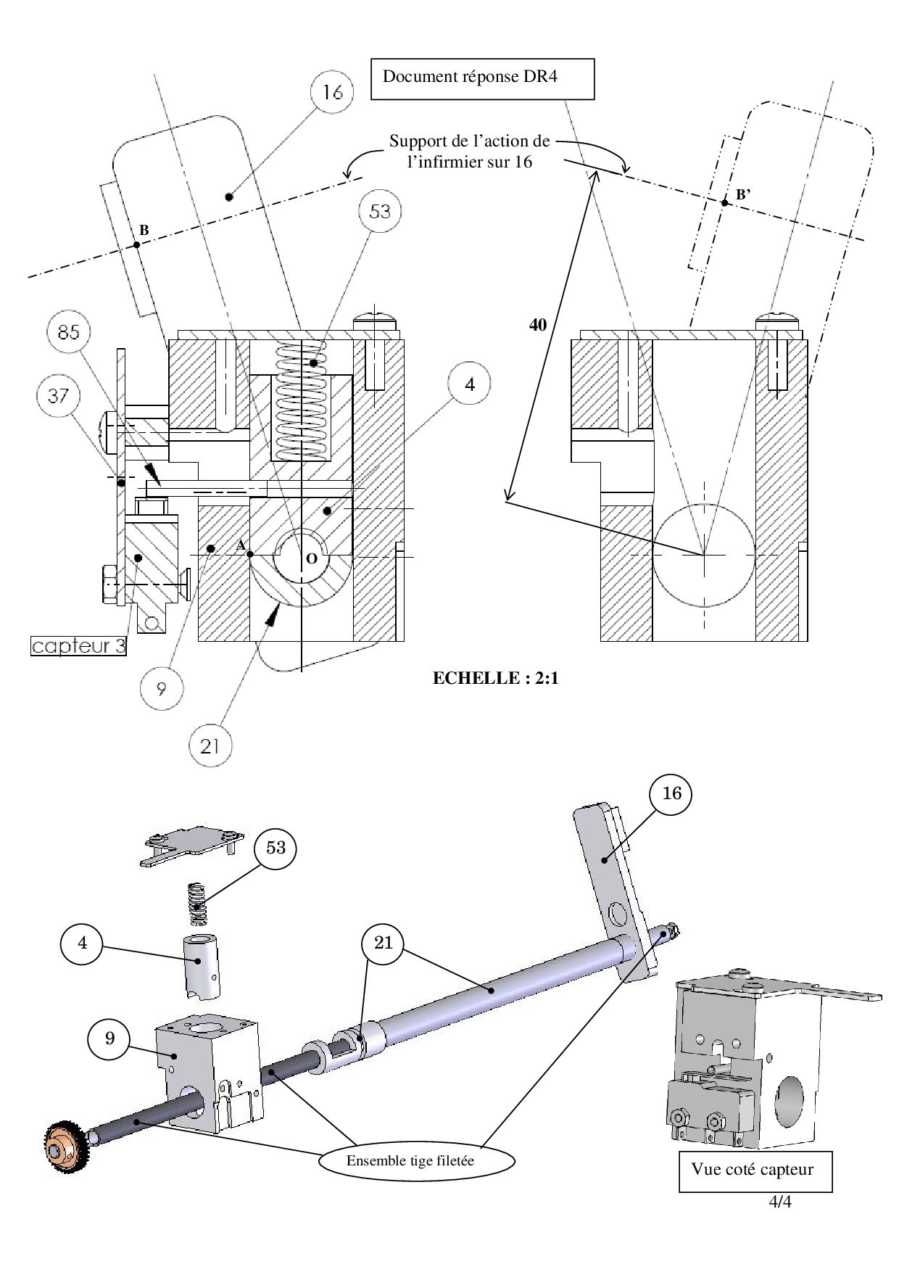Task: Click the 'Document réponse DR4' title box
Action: pos(482,78)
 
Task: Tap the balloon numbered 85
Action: pos(68,333)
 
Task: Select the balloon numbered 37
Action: pos(58,395)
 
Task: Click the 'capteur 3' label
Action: pos(78,646)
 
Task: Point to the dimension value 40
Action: pos(537,326)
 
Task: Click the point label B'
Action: pos(743,194)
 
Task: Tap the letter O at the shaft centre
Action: pos(311,558)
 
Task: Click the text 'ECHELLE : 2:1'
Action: pos(495,679)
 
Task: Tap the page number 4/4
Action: pos(780,1202)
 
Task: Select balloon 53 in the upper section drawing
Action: pos(380,212)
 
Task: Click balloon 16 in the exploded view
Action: pos(671,793)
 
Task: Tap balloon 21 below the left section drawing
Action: pos(210,745)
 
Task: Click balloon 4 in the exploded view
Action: pos(82,943)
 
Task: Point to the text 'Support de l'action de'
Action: pos(469,141)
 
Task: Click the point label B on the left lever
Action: pos(144,230)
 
